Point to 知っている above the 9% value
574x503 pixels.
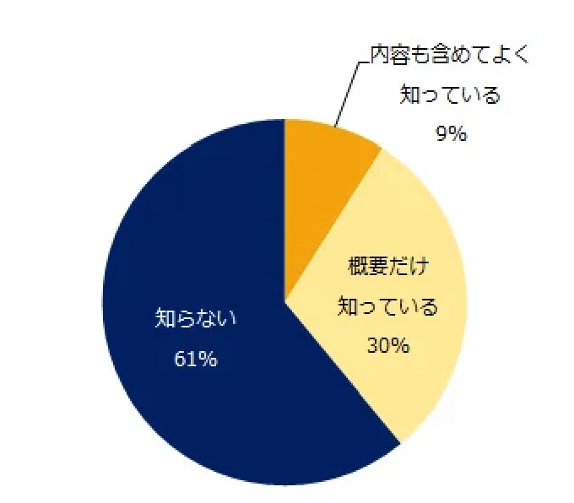pyautogui.click(x=450, y=95)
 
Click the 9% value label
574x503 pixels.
pyautogui.click(x=452, y=133)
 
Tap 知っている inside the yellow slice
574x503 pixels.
pyautogui.click(x=388, y=306)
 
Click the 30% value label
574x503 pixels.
pyautogui.click(x=388, y=345)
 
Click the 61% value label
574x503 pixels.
pyautogui.click(x=196, y=359)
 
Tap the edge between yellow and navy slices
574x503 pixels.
pyautogui.click(x=342, y=372)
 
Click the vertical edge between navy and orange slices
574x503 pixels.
pyautogui.click(x=284, y=211)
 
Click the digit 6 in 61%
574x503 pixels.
pyautogui.click(x=180, y=359)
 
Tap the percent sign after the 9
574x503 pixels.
pyautogui.click(x=458, y=133)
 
